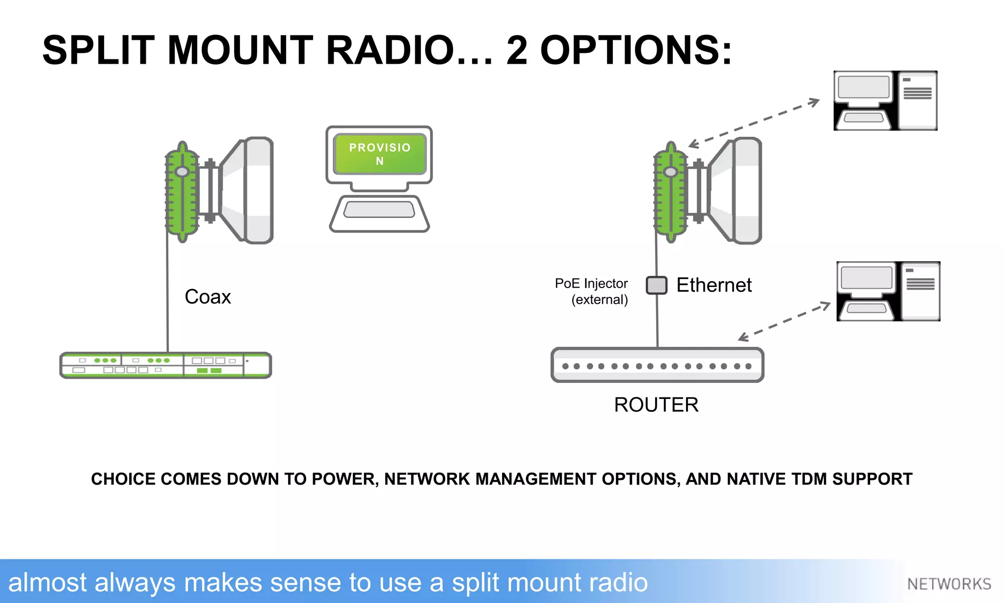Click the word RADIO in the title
point(390,51)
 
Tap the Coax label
point(208,297)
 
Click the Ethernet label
point(714,285)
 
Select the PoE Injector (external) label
point(592,291)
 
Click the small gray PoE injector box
point(656,285)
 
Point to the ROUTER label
point(656,405)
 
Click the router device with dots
point(657,366)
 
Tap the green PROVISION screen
point(379,154)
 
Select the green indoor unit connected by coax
point(165,366)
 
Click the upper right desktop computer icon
point(885,101)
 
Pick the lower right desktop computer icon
point(888,291)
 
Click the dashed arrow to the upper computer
point(754,123)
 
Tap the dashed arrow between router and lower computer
point(784,322)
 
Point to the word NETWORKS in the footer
point(949,584)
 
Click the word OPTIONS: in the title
point(636,51)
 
